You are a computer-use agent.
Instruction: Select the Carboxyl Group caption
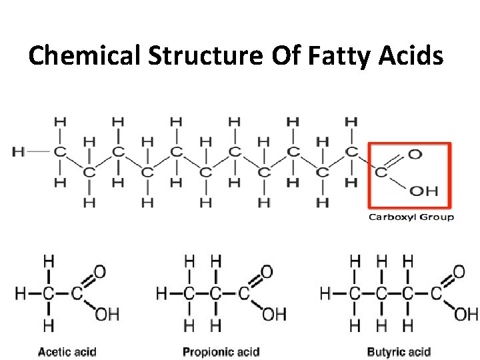(411, 217)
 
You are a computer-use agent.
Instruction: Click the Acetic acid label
(67, 351)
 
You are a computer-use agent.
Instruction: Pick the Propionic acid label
(221, 351)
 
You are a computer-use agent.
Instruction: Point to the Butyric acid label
(399, 351)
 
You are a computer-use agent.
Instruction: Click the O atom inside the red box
(415, 155)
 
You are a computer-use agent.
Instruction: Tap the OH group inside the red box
(423, 191)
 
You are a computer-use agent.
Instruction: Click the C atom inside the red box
(381, 172)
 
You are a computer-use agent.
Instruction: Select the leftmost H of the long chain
(18, 151)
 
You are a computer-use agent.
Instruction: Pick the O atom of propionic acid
(267, 272)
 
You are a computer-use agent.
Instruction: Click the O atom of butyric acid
(459, 272)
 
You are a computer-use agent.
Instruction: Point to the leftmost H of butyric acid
(325, 293)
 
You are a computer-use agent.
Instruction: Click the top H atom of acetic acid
(49, 261)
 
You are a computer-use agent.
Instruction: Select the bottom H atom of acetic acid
(49, 325)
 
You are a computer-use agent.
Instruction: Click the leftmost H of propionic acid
(161, 293)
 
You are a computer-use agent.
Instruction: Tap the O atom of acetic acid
(100, 272)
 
